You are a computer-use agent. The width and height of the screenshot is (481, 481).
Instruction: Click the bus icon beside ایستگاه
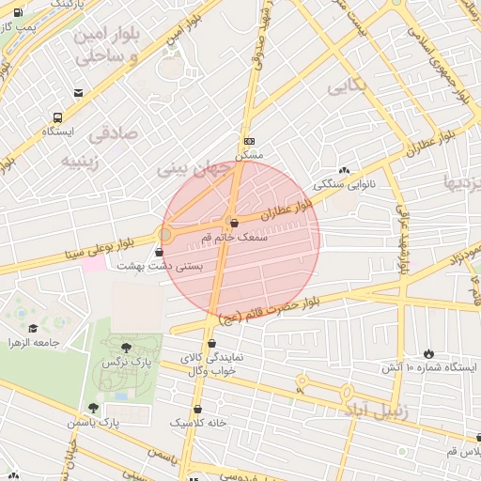58,117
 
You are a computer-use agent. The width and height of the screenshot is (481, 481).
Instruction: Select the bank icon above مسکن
248,140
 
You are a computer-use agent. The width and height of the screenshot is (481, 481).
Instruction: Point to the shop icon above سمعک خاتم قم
233,223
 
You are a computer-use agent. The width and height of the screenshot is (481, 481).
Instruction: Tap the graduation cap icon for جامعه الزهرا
33,328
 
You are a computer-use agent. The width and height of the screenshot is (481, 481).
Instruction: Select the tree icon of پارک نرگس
126,348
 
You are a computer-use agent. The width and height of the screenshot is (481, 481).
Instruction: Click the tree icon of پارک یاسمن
92,408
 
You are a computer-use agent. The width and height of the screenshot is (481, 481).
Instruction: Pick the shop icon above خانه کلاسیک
197,410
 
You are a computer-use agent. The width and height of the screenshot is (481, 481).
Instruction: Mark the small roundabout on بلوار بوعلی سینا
165,232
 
